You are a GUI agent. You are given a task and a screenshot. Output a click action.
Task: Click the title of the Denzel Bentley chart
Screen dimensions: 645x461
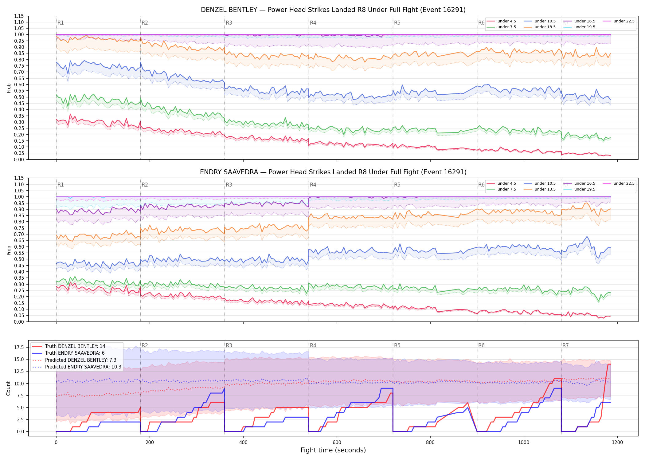point(333,10)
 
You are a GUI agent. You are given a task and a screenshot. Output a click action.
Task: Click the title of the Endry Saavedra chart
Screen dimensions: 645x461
point(333,172)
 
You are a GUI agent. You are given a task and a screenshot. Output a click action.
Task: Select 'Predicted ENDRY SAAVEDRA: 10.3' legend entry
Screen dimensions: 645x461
point(77,367)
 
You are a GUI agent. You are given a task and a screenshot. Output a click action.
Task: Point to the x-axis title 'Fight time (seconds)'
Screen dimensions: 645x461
point(333,450)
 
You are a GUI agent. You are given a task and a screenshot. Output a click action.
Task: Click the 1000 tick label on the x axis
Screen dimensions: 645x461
point(524,443)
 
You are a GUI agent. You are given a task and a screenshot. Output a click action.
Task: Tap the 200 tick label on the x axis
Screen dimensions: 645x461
point(150,443)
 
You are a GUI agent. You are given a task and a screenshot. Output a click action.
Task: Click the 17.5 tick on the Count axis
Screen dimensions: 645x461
point(19,348)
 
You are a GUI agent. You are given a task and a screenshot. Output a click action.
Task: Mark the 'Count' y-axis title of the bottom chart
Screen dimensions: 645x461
point(8,388)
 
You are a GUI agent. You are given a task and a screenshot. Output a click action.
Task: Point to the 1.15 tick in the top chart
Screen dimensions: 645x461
point(19,16)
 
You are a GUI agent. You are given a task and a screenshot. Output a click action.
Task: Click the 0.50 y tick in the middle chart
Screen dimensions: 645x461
point(19,259)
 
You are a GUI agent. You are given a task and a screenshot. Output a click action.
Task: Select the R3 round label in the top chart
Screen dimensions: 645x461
point(229,23)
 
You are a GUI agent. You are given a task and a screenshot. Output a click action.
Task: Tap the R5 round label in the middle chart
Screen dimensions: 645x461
point(397,185)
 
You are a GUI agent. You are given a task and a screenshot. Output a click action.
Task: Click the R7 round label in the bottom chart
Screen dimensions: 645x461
point(565,345)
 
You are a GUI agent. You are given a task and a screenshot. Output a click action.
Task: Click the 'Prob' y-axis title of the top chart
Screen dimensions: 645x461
point(9,88)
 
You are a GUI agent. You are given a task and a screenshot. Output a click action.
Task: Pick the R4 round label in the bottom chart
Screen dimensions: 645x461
point(313,345)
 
